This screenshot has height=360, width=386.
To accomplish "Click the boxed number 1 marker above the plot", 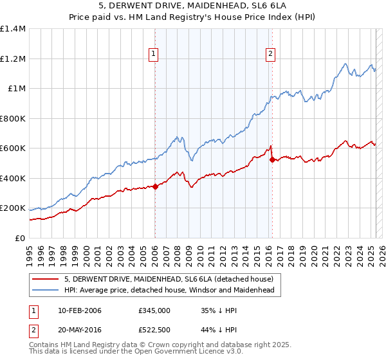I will tap(154, 54).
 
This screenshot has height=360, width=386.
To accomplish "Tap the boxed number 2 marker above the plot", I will tap(271, 54).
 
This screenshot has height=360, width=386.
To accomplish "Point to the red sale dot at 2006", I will tap(155, 186).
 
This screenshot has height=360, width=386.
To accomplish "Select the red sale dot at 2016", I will tap(272, 159).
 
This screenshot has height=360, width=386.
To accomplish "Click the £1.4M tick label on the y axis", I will tap(13, 29).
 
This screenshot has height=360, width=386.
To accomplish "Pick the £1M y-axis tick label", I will tap(17, 89).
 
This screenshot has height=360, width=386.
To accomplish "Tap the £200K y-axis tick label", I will tap(13, 208).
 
